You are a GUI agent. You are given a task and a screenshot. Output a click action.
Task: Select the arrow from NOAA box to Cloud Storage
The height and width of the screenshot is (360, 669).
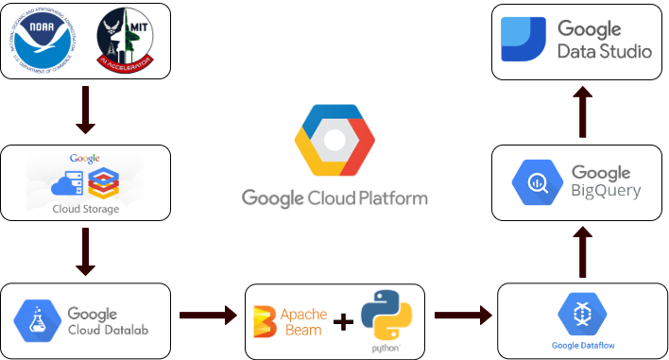pyautogui.click(x=85, y=111)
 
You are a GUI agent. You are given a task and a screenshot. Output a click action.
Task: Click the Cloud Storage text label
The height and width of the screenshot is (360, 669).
pyautogui.click(x=86, y=209)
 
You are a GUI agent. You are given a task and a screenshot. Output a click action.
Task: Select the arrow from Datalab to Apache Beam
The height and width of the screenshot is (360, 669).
pyautogui.click(x=207, y=315)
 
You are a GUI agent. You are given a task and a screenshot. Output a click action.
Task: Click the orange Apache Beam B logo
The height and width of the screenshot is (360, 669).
pyautogui.click(x=266, y=320)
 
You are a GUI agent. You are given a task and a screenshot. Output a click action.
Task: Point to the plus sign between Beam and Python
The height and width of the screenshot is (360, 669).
pyautogui.click(x=344, y=321)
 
